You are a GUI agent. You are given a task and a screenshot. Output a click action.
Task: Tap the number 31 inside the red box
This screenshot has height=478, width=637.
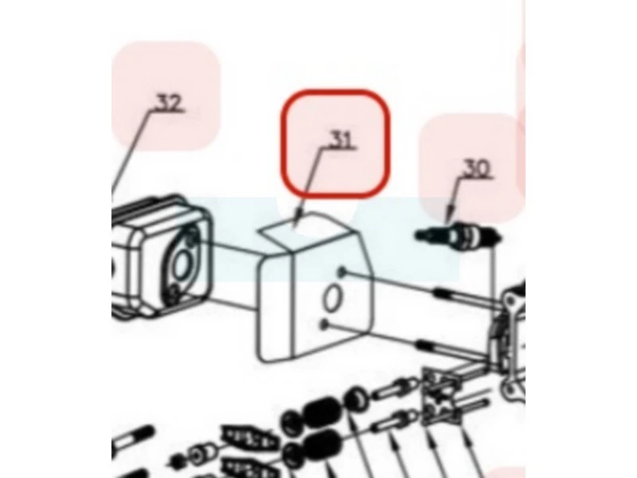click(341, 139)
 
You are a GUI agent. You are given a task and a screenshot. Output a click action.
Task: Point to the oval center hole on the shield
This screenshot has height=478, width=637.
click(333, 298)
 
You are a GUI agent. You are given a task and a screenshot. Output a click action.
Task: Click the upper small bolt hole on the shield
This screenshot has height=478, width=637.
click(342, 272)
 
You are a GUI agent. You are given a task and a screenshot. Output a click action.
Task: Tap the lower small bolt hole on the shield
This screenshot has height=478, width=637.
click(324, 324)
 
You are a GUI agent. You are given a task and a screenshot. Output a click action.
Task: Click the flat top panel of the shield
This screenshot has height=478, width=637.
click(306, 232)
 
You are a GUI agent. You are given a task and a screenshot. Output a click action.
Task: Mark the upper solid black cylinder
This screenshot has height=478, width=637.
click(321, 412)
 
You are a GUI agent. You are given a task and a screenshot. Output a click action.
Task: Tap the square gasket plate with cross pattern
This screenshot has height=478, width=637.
click(442, 397)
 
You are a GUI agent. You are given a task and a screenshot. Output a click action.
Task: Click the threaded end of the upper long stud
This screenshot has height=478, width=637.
click(444, 292)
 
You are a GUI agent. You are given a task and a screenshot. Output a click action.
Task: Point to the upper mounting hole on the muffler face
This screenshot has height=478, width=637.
click(193, 237)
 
